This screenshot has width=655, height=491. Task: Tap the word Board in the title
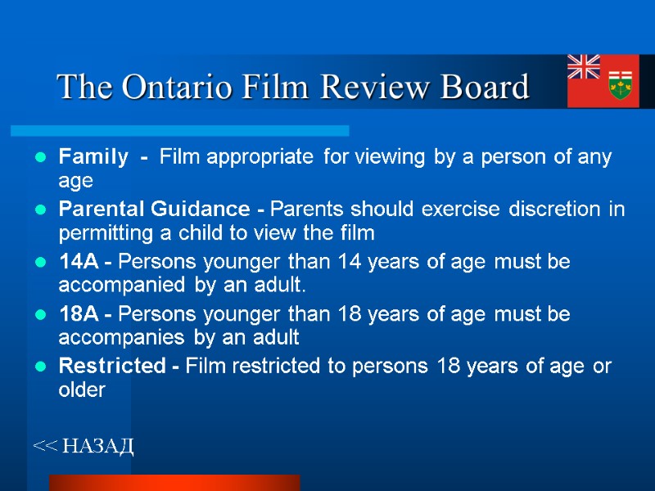coord(485,86)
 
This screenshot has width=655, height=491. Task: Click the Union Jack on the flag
coord(584,66)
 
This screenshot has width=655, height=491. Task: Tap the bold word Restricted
coord(111,367)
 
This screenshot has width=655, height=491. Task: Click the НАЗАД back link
coord(84,446)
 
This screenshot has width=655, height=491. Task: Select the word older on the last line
coord(82,390)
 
